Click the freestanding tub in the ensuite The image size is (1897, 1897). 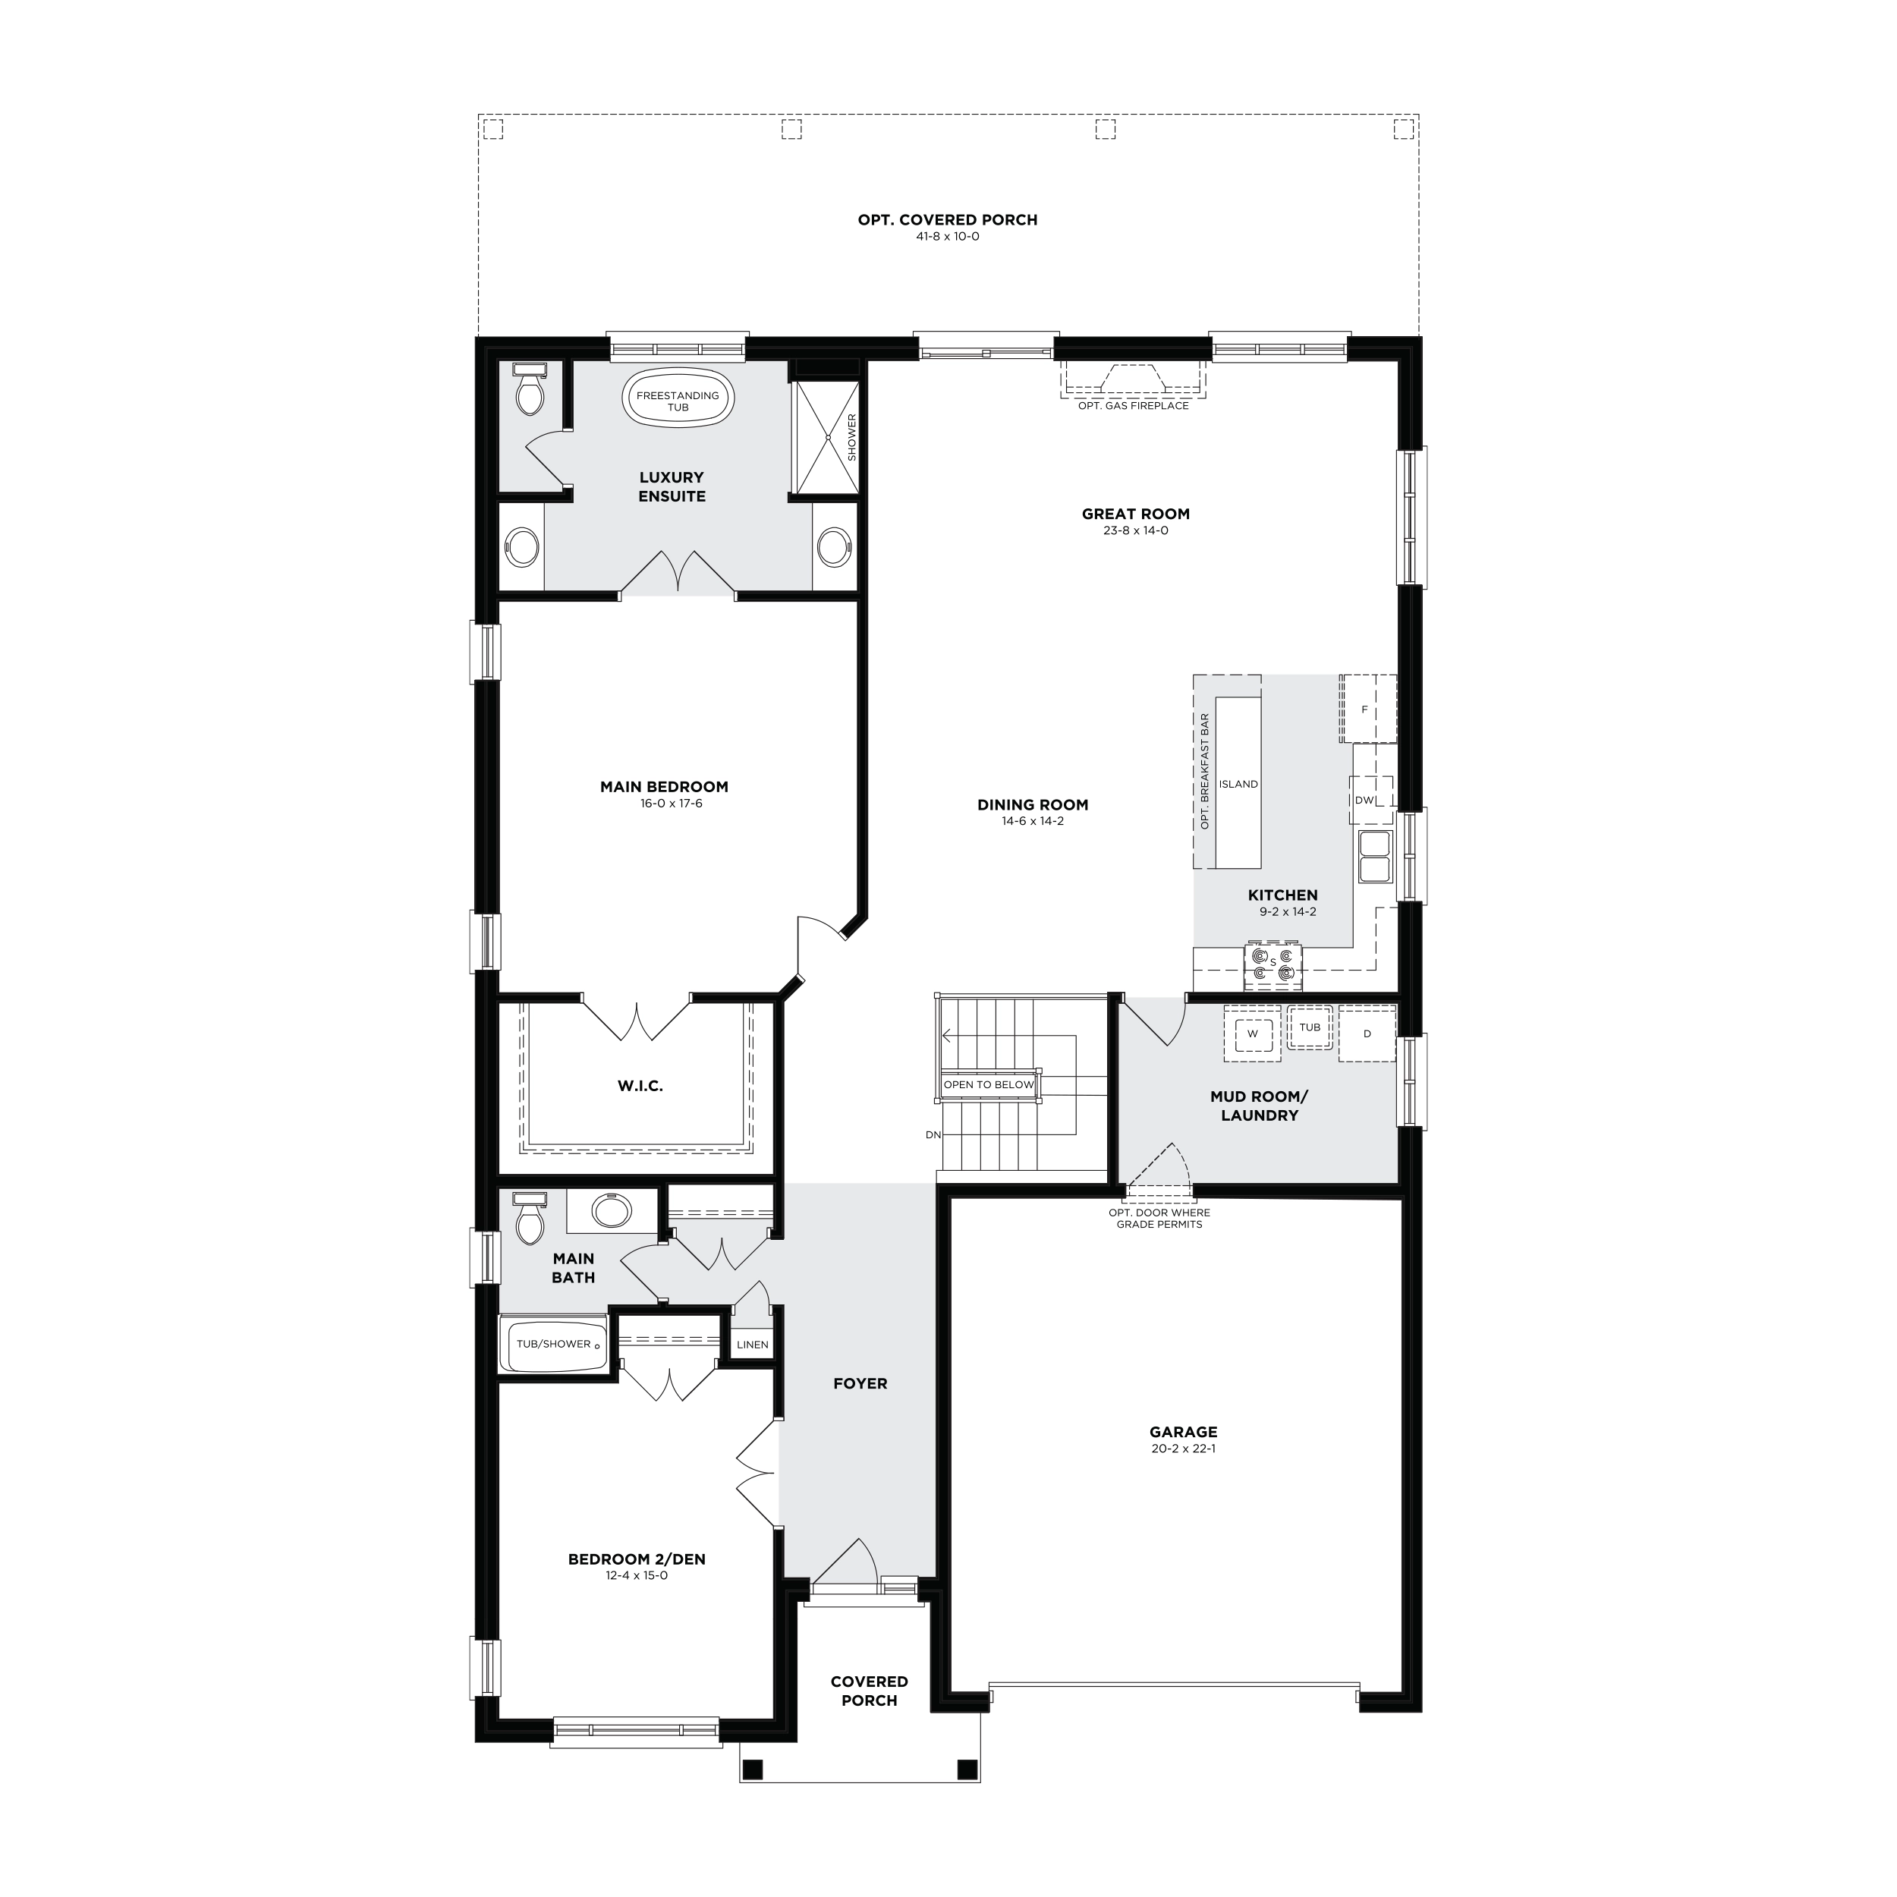point(678,398)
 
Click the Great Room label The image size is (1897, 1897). point(1136,514)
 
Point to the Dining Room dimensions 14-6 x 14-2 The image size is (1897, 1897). point(1033,821)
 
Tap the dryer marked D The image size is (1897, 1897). point(1367,1033)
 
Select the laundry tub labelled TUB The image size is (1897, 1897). point(1310,1027)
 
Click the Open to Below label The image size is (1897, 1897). point(989,1085)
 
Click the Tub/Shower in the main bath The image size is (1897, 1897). point(554,1344)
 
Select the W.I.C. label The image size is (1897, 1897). point(640,1086)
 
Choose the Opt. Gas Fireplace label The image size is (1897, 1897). point(1133,405)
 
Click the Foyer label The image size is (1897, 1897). point(860,1383)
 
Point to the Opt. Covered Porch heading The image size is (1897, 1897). point(948,220)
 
